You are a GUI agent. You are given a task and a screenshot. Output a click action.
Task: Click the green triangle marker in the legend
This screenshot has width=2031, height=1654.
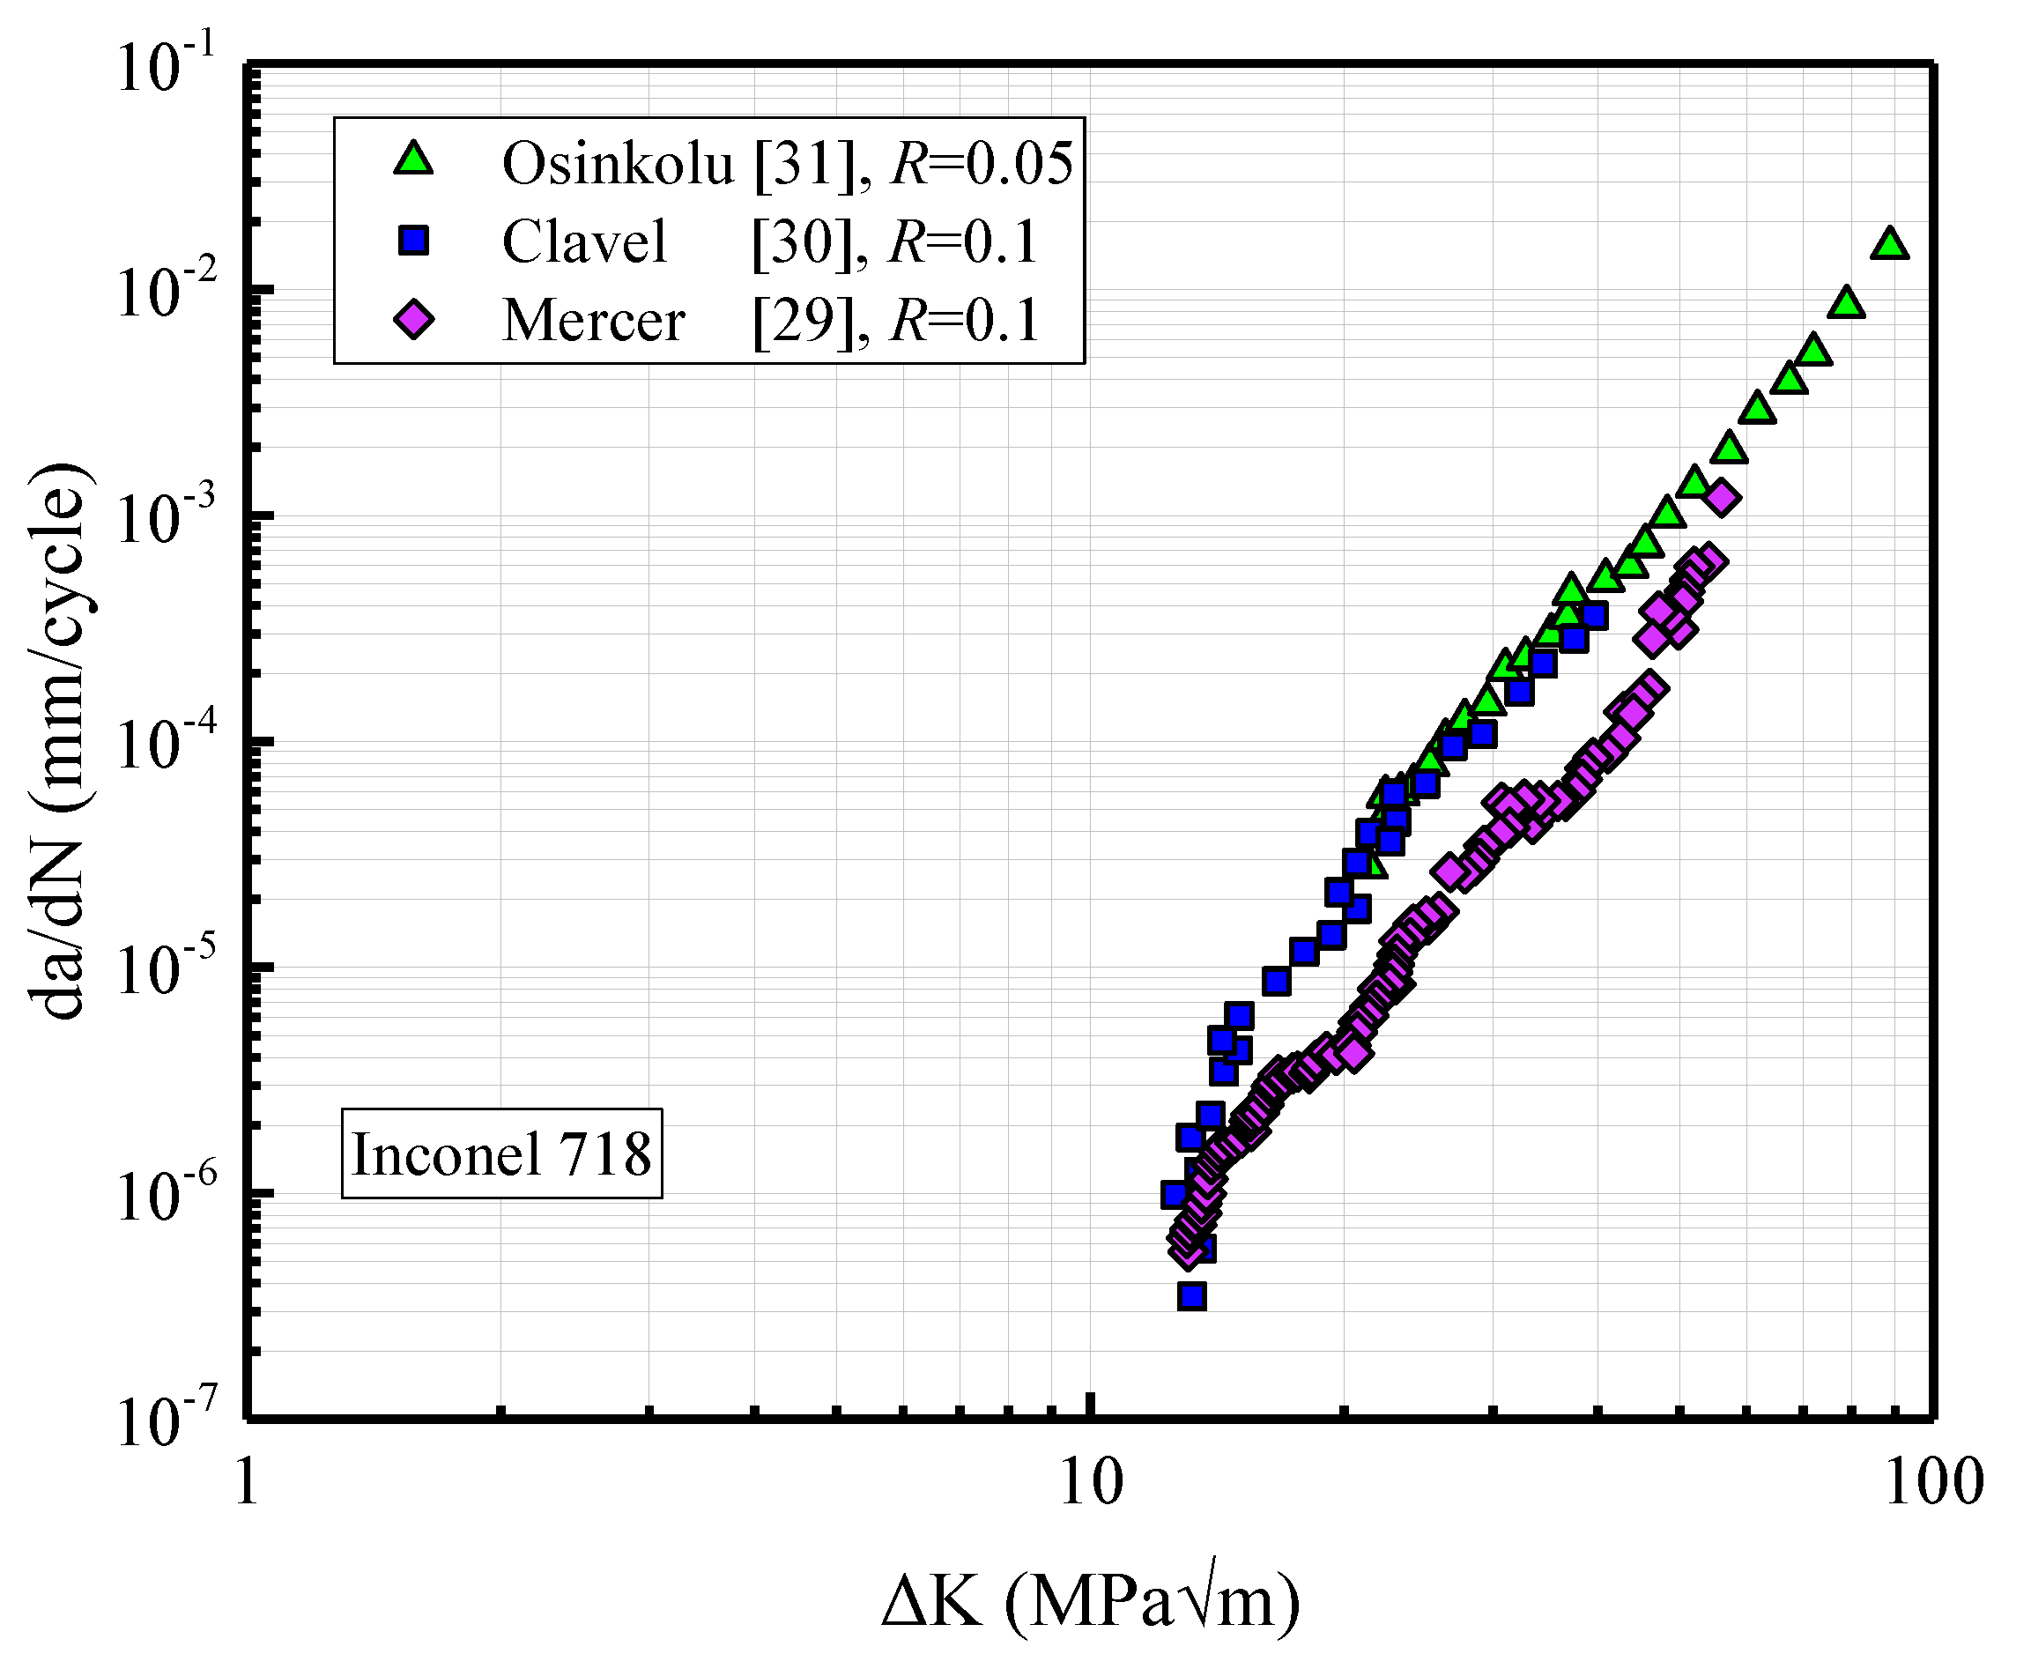413,160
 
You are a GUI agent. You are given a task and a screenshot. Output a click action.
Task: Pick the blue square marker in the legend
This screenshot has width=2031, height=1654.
413,240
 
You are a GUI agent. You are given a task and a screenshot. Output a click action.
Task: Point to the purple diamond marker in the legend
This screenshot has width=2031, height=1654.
413,319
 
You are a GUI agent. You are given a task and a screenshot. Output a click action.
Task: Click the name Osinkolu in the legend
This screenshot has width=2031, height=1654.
618,163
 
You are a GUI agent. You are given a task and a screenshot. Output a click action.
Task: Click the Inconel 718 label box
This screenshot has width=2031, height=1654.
501,1153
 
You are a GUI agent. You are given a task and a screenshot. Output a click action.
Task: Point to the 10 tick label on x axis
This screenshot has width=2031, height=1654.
1091,1483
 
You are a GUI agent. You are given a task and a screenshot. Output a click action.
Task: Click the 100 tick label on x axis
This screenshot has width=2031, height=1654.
1933,1483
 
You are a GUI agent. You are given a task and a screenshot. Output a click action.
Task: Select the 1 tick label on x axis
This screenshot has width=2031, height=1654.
247,1483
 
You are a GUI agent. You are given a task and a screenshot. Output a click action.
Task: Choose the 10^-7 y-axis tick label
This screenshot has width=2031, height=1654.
162,1421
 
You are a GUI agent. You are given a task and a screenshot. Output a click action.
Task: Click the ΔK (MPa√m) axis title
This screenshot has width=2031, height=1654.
1090,1600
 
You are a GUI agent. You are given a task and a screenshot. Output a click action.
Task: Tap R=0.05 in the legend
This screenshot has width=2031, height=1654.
982,163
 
